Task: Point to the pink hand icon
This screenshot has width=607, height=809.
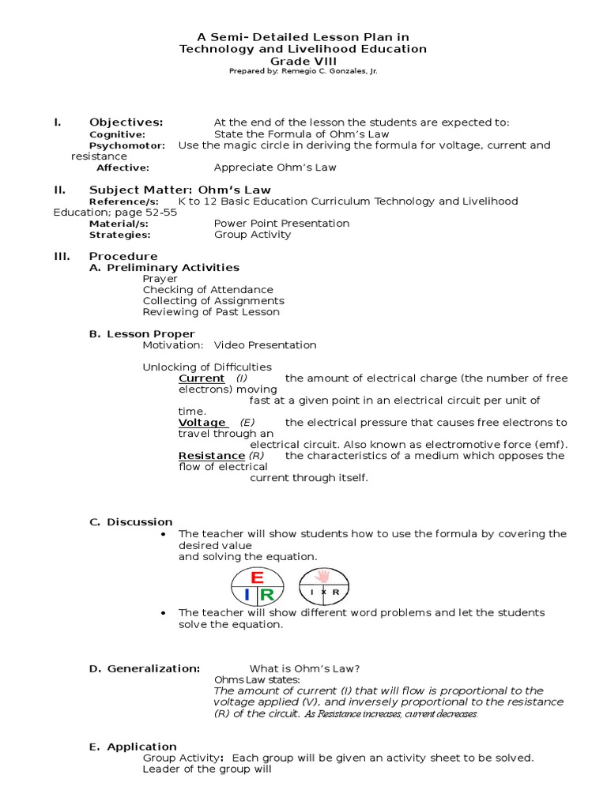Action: [x=322, y=576]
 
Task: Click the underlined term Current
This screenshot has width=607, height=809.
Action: [x=202, y=378]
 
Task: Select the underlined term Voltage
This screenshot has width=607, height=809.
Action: [x=202, y=423]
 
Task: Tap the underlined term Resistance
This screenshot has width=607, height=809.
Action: [x=211, y=456]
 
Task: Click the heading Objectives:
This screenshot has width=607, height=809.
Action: [x=126, y=122]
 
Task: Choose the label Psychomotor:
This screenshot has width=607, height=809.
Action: [x=126, y=145]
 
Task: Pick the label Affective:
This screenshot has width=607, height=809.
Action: [x=123, y=167]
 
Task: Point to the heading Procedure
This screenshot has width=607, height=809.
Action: [x=123, y=256]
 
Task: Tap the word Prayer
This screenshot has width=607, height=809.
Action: [x=160, y=279]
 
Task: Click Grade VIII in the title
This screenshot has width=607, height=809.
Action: [x=303, y=61]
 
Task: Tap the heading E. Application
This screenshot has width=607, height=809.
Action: [x=133, y=747]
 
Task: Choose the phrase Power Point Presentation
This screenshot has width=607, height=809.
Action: [x=281, y=224]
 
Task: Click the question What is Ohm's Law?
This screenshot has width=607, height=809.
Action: [x=306, y=668]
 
